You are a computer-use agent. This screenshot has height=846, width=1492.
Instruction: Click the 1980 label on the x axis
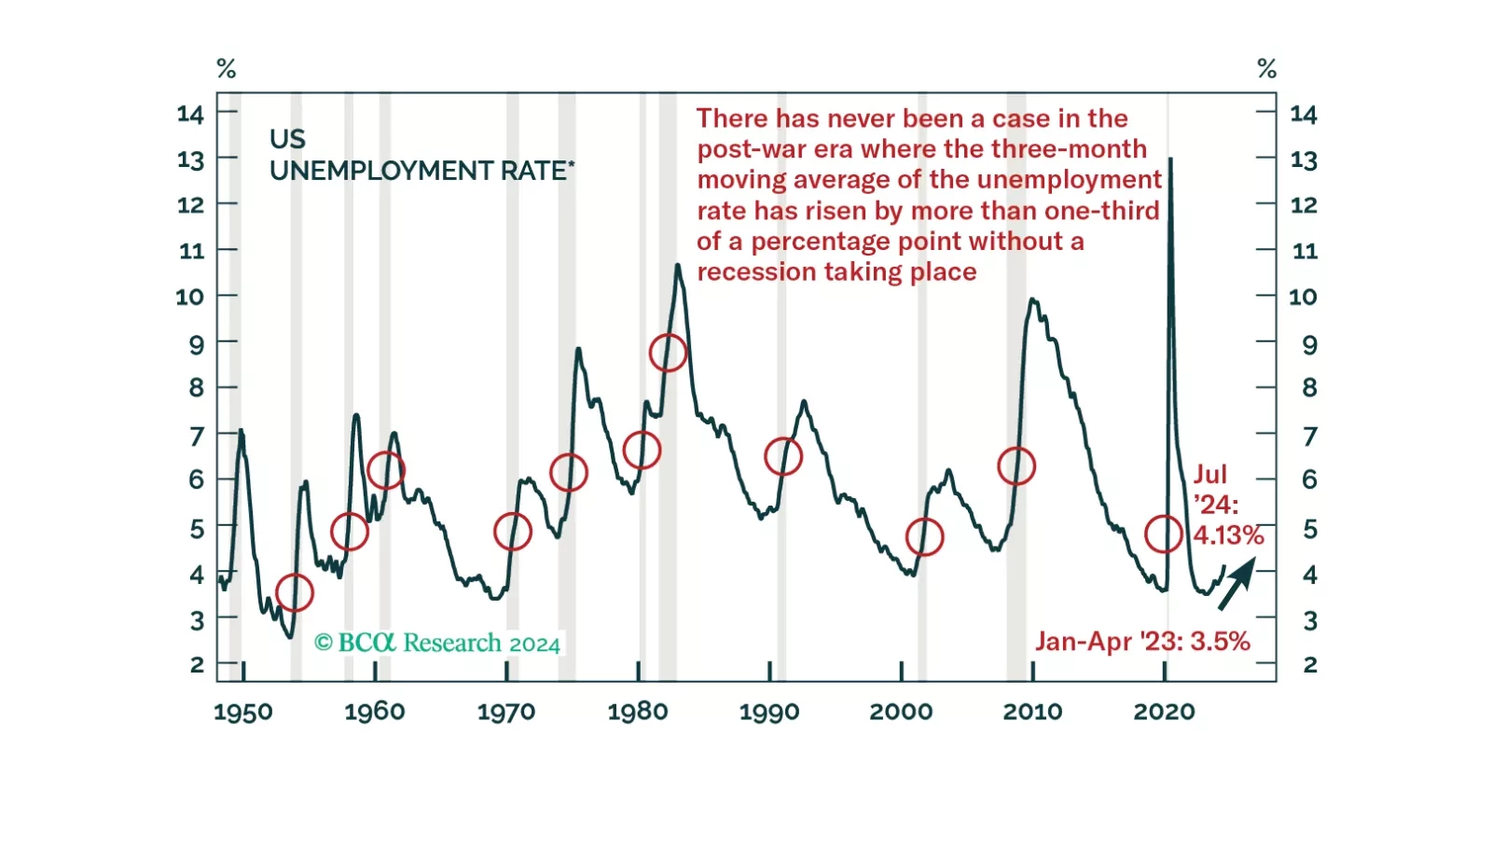click(637, 712)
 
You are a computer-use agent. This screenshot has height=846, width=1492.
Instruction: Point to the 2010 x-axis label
click(1032, 712)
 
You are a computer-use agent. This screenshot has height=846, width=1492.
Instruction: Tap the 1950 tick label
click(243, 713)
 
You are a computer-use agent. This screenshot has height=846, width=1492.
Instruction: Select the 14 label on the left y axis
click(190, 114)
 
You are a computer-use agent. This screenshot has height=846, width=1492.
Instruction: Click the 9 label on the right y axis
click(1309, 344)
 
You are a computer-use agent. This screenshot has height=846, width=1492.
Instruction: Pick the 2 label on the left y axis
click(197, 665)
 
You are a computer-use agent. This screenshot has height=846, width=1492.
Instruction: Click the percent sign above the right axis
click(1266, 68)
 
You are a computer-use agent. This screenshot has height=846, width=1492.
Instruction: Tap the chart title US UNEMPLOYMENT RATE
click(421, 155)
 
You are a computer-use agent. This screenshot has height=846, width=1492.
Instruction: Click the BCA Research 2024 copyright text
click(437, 643)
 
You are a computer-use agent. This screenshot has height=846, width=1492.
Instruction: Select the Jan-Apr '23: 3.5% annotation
click(1142, 642)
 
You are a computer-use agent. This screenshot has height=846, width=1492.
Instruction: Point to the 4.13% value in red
click(1228, 535)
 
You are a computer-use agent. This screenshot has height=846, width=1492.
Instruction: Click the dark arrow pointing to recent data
click(1236, 584)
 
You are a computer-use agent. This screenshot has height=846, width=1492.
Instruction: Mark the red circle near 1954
click(295, 592)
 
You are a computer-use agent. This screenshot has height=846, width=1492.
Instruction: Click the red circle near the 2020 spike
click(1164, 534)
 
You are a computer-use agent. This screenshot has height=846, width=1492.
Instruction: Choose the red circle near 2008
click(1016, 465)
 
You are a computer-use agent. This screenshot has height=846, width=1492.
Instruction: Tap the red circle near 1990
click(783, 456)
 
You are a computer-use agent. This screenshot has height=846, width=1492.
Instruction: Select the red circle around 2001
click(924, 537)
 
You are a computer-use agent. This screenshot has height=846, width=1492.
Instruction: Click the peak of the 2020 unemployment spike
click(1170, 160)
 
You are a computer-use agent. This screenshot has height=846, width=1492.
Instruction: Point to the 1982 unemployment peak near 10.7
click(678, 266)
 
